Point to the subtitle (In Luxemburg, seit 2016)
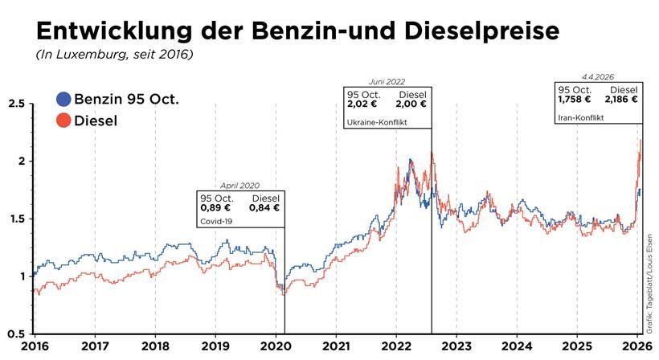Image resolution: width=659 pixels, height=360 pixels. (x=114, y=55)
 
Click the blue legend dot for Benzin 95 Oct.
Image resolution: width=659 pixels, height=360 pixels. (x=63, y=100)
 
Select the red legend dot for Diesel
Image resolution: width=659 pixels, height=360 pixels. (x=63, y=121)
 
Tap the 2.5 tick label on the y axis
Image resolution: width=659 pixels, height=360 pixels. (x=15, y=104)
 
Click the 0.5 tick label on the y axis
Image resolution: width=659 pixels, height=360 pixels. (x=15, y=333)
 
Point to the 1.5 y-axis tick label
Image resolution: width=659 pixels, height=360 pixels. (x=15, y=219)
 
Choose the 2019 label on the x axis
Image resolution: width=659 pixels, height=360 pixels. (x=215, y=346)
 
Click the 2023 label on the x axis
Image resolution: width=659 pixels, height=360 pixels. (x=456, y=346)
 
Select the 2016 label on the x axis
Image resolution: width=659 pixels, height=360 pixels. (x=35, y=346)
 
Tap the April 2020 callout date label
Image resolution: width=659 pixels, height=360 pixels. (x=239, y=186)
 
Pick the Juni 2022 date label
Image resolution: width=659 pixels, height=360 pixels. (x=387, y=82)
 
